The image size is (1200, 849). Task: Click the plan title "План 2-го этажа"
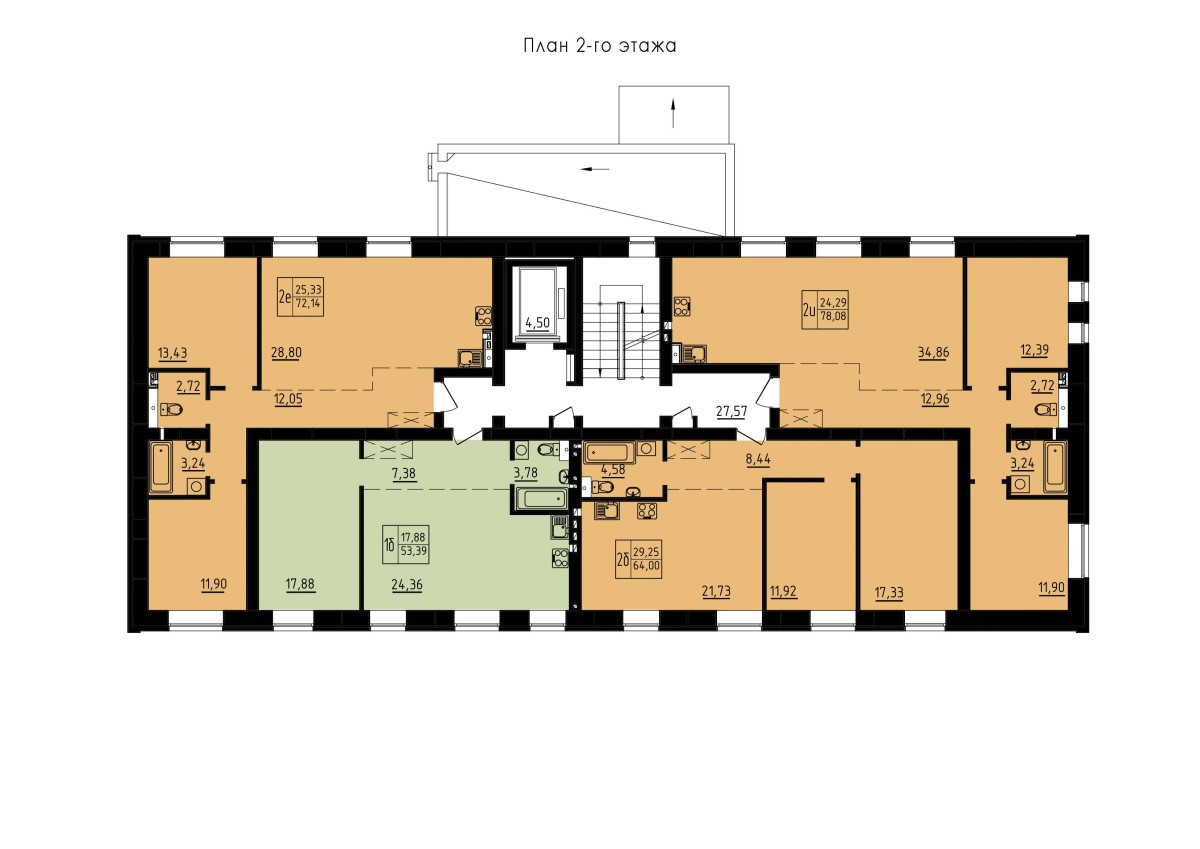point(599,46)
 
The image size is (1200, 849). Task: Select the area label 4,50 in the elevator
point(537,322)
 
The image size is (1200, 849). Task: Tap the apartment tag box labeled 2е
point(301,296)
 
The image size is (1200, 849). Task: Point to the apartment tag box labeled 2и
point(825,310)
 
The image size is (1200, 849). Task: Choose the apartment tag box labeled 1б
point(406,544)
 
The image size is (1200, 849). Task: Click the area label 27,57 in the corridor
point(731,411)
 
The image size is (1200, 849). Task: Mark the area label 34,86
point(934,352)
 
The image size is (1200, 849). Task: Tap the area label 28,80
point(287,352)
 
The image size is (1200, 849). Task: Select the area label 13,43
point(172,352)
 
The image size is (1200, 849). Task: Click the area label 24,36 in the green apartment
point(407,585)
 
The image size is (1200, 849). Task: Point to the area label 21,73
point(716,591)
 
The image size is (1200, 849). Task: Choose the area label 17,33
point(889,593)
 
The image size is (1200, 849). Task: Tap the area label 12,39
point(1034,350)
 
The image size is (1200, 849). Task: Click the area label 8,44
point(758,459)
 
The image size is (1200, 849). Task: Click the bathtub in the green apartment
point(540,499)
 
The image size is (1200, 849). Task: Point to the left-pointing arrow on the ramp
point(595,169)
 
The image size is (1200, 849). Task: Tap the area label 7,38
point(404,473)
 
